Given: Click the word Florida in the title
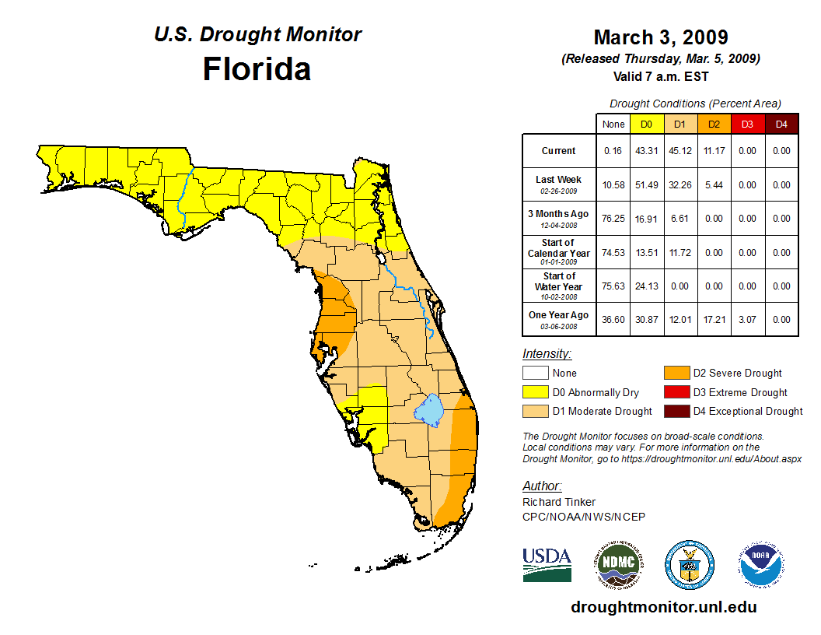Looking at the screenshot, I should tap(257, 69).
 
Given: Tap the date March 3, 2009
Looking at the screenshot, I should tap(660, 37).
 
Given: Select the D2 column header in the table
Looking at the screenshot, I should tap(713, 125).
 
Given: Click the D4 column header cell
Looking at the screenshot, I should tap(781, 125).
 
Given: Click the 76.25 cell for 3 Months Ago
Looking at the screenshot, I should tap(613, 219).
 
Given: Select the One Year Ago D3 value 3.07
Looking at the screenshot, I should tap(747, 320).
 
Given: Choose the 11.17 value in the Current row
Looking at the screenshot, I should tap(713, 151).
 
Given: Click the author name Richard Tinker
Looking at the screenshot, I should tap(558, 502).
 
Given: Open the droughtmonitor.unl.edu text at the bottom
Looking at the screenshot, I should tap(663, 607).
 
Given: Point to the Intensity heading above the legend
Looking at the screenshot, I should tap(547, 354).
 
